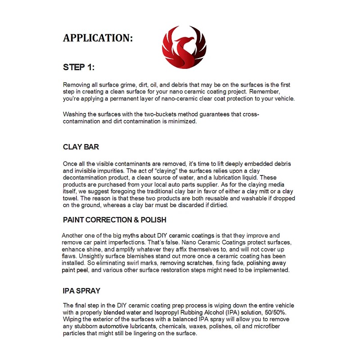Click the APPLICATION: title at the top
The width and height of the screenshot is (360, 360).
point(98,38)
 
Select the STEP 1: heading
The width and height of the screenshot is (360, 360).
point(79,67)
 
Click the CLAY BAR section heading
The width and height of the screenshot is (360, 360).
point(81,147)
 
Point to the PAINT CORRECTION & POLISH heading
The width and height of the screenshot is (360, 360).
point(115,220)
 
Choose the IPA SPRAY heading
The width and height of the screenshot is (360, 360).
point(81,291)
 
